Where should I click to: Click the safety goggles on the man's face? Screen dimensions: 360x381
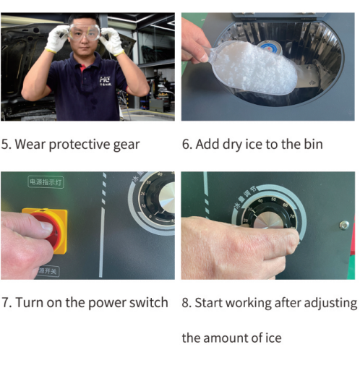point(85,32)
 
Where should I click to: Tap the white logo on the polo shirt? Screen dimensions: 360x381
point(106,81)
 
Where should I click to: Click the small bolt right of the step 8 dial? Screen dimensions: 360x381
point(344,226)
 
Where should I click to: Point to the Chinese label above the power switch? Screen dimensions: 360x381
point(46,182)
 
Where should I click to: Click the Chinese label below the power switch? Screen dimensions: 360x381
point(48,270)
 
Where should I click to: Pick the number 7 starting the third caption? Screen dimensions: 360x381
point(5,303)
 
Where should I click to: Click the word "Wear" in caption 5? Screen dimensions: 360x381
point(30,144)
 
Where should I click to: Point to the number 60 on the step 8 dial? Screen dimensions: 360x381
point(286,205)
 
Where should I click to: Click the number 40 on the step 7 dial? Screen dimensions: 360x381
point(160,174)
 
